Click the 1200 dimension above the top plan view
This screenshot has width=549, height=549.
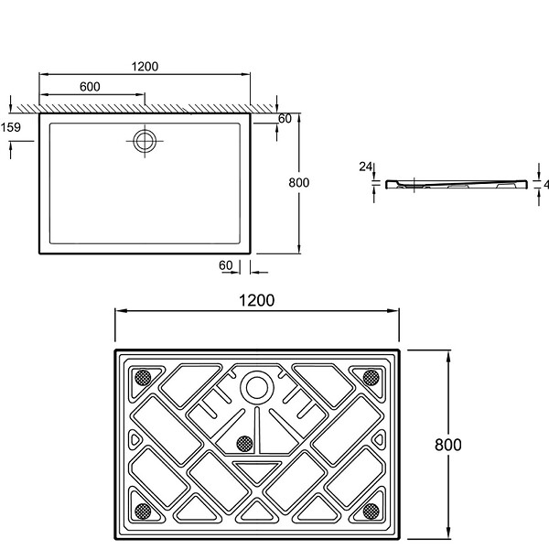(145, 66)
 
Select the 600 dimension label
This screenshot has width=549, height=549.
(90, 87)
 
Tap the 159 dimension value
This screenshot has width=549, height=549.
(10, 127)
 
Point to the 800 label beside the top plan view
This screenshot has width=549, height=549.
(298, 182)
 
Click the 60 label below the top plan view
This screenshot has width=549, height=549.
(226, 265)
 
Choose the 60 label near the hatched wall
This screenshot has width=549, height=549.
(285, 119)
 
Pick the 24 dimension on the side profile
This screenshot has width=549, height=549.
(365, 167)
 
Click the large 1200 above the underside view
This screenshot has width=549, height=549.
(256, 300)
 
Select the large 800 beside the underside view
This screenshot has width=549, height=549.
(447, 445)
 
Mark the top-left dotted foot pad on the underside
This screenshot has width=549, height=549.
(143, 378)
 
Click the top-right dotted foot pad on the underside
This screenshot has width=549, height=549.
(371, 378)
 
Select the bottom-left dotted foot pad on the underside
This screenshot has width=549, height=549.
(143, 511)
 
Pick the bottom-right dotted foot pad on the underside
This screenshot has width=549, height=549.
(371, 511)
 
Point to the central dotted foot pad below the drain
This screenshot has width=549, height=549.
(244, 444)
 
